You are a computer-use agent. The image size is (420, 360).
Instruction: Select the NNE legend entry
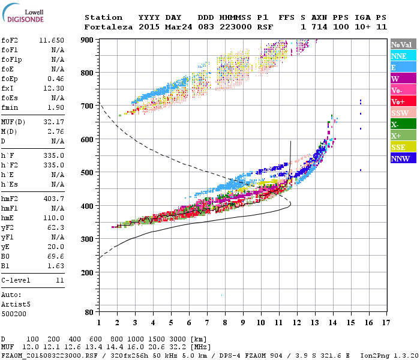coord(399,56)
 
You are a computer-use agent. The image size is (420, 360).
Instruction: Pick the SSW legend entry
coord(400,113)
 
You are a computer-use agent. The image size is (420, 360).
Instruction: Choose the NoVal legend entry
coord(401,44)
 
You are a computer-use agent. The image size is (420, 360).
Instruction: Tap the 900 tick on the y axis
coord(88,40)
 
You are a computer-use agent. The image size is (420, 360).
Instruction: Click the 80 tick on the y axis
coord(89,312)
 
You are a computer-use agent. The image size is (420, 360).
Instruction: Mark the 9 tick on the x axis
coord(243,323)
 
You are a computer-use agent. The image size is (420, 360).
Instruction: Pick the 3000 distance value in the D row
coord(178,340)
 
